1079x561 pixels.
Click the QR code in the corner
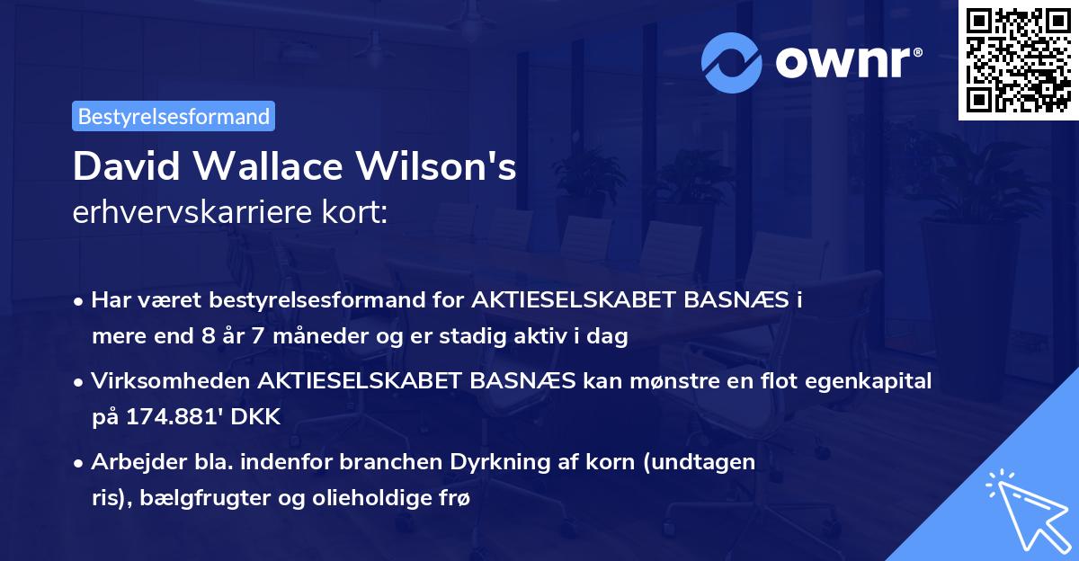[x=1018, y=60]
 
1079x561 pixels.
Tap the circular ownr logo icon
[x=732, y=62]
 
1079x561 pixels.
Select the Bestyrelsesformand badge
[x=174, y=116]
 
